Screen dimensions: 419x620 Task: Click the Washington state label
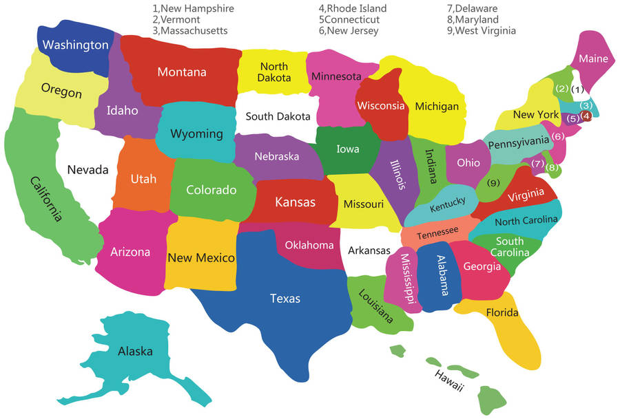pyautogui.click(x=75, y=45)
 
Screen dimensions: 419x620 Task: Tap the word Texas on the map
pyautogui.click(x=285, y=299)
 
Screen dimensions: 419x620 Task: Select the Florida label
pyautogui.click(x=502, y=313)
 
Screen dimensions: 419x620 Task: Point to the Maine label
pyautogui.click(x=593, y=59)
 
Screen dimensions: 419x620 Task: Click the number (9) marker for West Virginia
pyautogui.click(x=493, y=183)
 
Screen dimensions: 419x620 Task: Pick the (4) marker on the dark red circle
pyautogui.click(x=586, y=116)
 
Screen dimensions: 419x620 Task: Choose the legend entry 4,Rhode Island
pyautogui.click(x=352, y=9)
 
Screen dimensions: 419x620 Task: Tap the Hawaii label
pyautogui.click(x=448, y=380)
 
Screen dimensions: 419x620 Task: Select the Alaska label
pyautogui.click(x=135, y=352)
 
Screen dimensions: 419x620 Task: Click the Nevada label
pyautogui.click(x=87, y=170)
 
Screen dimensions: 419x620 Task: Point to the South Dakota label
pyautogui.click(x=278, y=117)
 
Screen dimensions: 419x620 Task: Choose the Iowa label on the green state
pyautogui.click(x=347, y=149)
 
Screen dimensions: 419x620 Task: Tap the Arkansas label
pyautogui.click(x=369, y=251)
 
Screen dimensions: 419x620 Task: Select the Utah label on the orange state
pyautogui.click(x=143, y=180)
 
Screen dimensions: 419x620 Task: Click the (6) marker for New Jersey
pyautogui.click(x=558, y=136)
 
